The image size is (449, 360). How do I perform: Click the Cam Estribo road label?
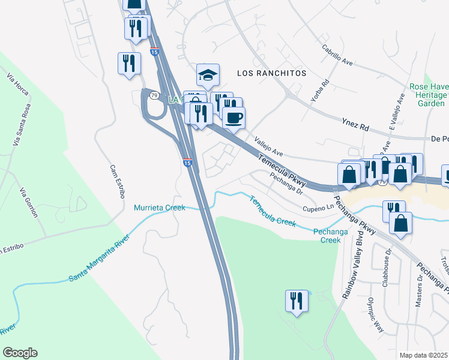[116, 181]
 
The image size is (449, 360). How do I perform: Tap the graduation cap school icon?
[208, 76]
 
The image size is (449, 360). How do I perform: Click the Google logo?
[20, 353]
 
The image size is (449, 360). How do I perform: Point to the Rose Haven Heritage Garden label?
[428, 95]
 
